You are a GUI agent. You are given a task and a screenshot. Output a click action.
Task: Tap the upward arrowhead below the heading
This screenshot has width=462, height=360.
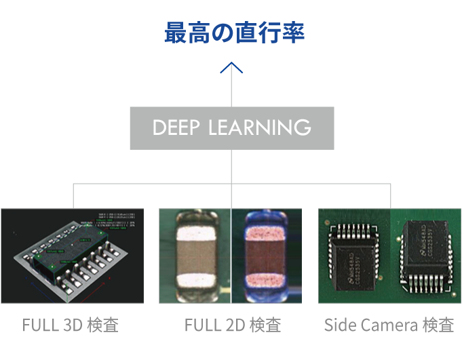click(232, 67)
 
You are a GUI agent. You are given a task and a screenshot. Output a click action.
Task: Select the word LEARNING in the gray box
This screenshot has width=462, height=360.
click(265, 127)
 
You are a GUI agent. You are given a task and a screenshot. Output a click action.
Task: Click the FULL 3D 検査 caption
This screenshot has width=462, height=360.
click(71, 325)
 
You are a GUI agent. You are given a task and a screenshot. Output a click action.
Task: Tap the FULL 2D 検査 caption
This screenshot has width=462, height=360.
click(232, 325)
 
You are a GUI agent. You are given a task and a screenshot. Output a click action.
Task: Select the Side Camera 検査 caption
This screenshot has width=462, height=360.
click(389, 325)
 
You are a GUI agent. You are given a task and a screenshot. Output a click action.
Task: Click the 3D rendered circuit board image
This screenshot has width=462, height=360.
click(73, 255)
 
